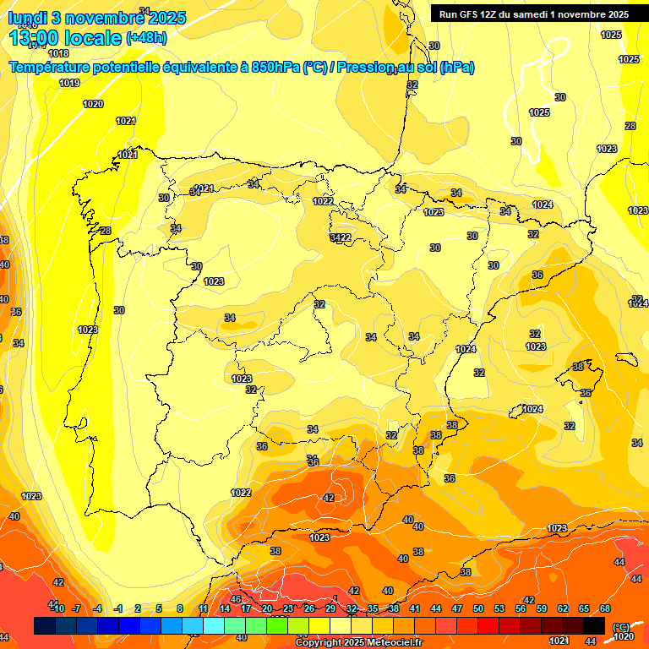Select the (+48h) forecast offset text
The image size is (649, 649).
145,37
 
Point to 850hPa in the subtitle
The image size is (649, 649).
275,68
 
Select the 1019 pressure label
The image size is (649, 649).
69,83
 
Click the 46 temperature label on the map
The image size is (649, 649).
236,600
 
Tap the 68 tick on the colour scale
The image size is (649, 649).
605,608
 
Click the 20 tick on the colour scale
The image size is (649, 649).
267,608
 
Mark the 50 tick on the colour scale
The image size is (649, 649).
478,608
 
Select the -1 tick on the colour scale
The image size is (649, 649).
119,608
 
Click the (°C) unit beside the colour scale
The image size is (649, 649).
621,628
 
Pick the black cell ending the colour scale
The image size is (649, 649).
594,625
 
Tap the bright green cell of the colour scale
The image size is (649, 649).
277,625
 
